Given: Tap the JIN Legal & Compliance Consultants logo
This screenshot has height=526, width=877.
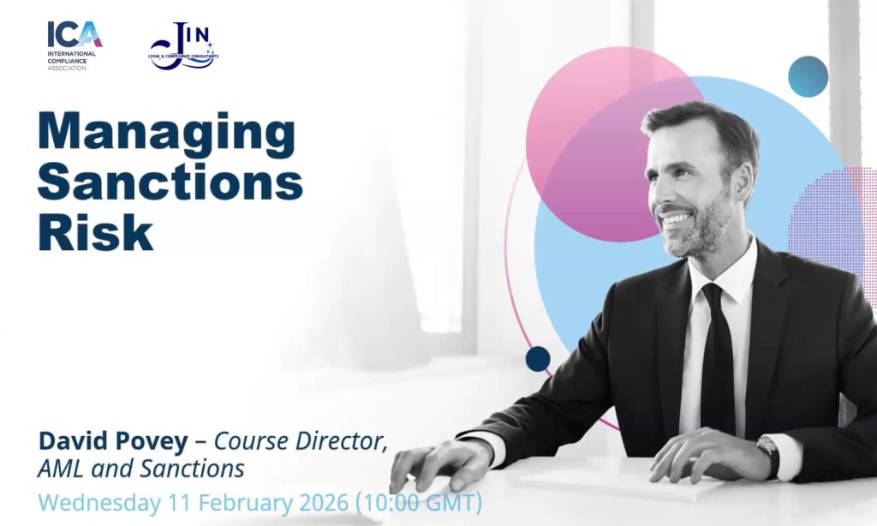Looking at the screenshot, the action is point(183,46).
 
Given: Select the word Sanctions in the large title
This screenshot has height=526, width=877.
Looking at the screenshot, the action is point(170,181).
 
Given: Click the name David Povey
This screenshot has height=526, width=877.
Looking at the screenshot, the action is point(113,441).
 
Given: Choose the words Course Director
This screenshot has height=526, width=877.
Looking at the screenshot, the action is point(301,441).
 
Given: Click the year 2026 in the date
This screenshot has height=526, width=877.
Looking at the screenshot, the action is point(324,503).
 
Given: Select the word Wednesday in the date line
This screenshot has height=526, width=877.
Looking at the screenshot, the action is point(99,503).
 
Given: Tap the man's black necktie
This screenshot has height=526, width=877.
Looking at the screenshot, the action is point(719,358).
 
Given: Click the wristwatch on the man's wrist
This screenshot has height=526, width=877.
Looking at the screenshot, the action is point(770,455).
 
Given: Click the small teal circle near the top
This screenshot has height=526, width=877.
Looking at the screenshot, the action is point(808,76).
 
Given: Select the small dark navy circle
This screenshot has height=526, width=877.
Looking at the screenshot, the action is point(538,359).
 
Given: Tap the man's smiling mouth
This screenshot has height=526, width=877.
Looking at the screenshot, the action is point(673,217).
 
